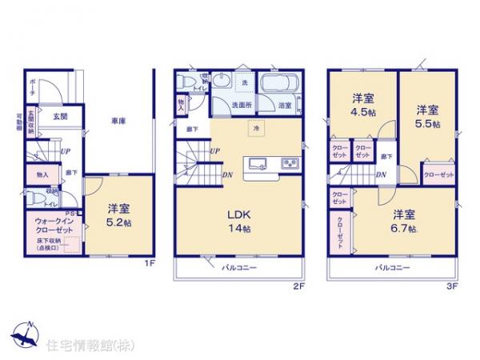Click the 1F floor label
pyautogui.click(x=148, y=262)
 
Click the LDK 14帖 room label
pyautogui.click(x=238, y=220)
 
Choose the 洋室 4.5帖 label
pyautogui.click(x=364, y=105)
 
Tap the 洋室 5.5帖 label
pyautogui.click(x=427, y=114)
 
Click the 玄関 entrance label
pyautogui.click(x=59, y=116)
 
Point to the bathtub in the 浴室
pyautogui.click(x=280, y=84)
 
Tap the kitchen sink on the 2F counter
pyautogui.click(x=258, y=165)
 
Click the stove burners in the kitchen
pyautogui.click(x=288, y=165)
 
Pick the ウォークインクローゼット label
pyautogui.click(x=54, y=224)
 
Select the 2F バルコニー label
pyautogui.click(x=238, y=267)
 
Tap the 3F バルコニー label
pyautogui.click(x=393, y=267)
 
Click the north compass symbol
pyautogui.click(x=26, y=332)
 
